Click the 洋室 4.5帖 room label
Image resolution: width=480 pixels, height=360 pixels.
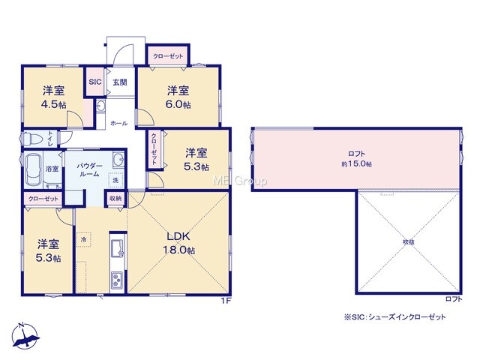pos(53,97)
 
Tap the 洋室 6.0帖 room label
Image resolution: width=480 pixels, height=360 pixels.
pos(178,97)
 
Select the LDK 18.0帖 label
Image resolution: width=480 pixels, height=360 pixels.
pos(179,243)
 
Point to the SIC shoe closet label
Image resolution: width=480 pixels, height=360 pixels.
pos(95,82)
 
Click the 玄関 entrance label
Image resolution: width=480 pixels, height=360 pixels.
pos(120,82)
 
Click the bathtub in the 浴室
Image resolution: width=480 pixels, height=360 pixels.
pos(34,169)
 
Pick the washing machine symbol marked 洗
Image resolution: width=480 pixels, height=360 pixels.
pos(115,180)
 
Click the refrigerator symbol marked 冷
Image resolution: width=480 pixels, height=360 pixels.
pos(83,238)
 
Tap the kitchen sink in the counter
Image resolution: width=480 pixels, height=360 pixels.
pos(118,248)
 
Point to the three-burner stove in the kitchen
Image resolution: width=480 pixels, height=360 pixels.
pos(117,280)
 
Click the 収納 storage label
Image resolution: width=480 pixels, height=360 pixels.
pos(115,198)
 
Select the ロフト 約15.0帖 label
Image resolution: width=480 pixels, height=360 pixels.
pos(357,158)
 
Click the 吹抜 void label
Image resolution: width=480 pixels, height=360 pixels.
pos(409,241)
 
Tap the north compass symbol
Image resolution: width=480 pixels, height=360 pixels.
pos(25,335)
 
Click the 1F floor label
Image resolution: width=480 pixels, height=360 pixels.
pos(226,301)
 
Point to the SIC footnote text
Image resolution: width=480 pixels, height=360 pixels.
pos(395,317)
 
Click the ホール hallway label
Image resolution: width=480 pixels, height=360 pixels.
pos(118,123)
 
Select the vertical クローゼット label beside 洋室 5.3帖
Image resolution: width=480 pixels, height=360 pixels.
pos(154,149)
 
